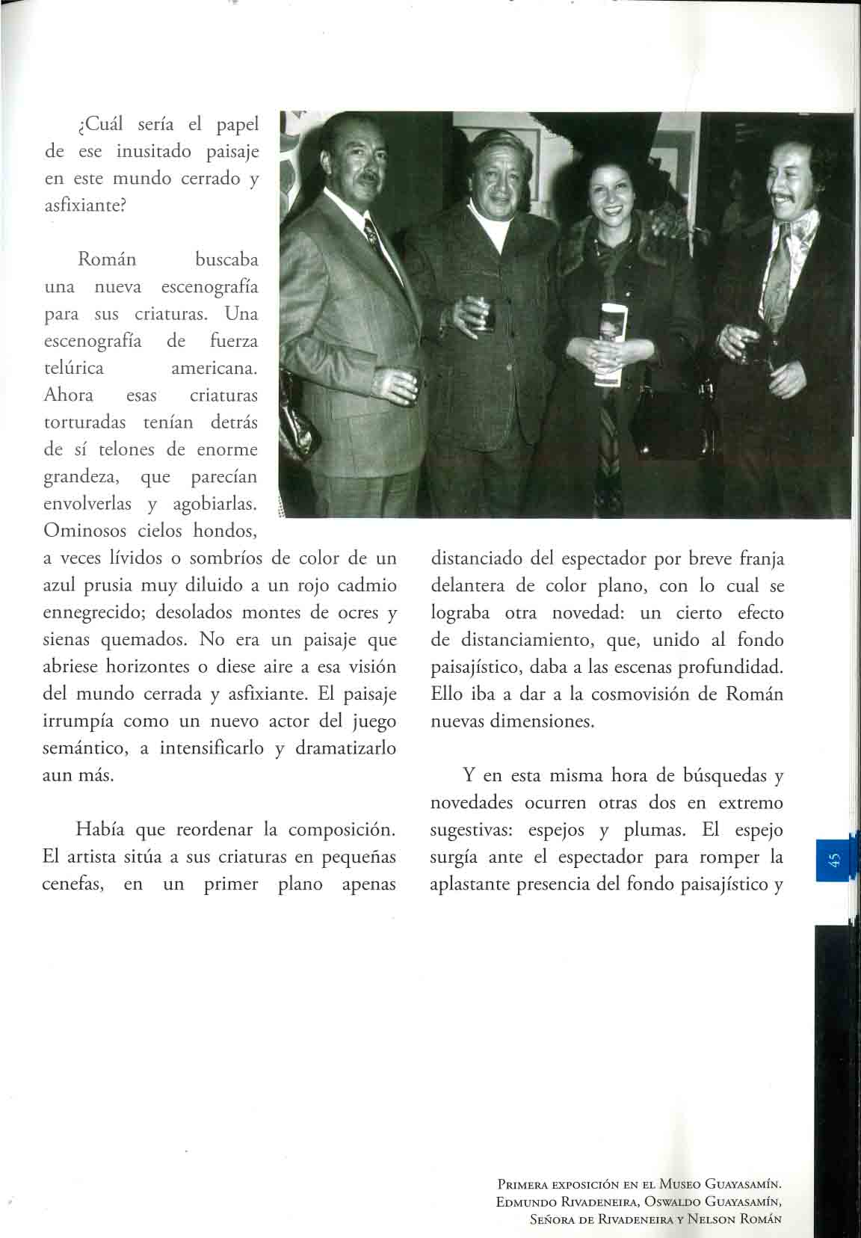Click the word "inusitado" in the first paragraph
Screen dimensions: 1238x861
pos(154,151)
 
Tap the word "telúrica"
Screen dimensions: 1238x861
pos(74,368)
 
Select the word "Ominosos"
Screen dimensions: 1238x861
pos(81,531)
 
